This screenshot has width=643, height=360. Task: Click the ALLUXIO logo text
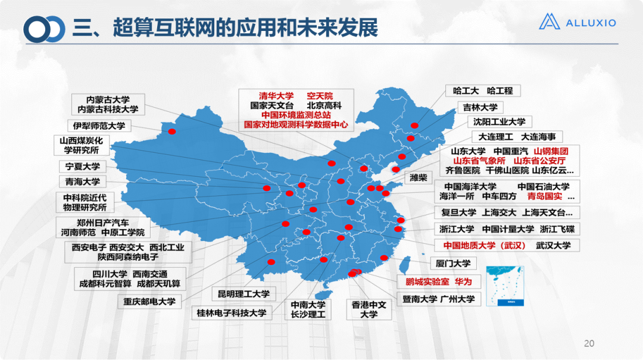pos(590,23)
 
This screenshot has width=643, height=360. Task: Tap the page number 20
pos(589,343)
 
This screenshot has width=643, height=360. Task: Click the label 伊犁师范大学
pos(99,126)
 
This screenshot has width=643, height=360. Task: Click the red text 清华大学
pos(276,96)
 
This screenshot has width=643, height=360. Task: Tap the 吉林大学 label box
pos(480,108)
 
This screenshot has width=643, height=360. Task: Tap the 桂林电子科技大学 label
pos(232,312)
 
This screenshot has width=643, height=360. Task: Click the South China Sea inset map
pos(504,286)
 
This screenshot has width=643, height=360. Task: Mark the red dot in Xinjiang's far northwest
pos(172,132)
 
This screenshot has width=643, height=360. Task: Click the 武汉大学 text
pos(553,245)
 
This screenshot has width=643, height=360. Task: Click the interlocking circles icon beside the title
pos(44,29)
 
